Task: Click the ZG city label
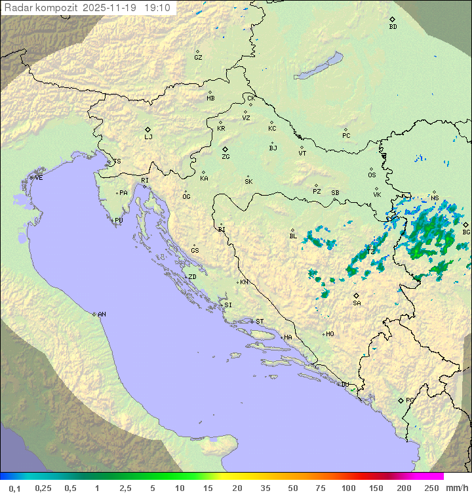pyautogui.click(x=226, y=157)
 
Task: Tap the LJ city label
pyautogui.click(x=148, y=137)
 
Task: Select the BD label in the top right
pyautogui.click(x=393, y=27)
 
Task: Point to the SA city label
pyautogui.click(x=357, y=303)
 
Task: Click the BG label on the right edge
pyautogui.click(x=466, y=232)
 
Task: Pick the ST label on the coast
pyautogui.click(x=260, y=322)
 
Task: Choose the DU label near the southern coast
pyautogui.click(x=345, y=385)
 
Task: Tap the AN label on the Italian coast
pyautogui.click(x=102, y=314)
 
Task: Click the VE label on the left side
pyautogui.click(x=39, y=178)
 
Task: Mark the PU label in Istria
pyautogui.click(x=119, y=221)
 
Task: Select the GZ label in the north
pyautogui.click(x=198, y=57)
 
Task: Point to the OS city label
pyautogui.click(x=372, y=175)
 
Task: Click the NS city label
pyautogui.click(x=435, y=198)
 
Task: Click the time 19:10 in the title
pyautogui.click(x=157, y=8)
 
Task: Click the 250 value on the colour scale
pyautogui.click(x=431, y=488)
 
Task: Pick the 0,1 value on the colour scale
pyautogui.click(x=14, y=488)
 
